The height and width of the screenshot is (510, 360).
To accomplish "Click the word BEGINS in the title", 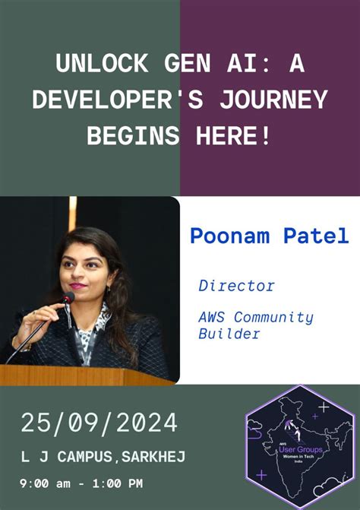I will click(x=134, y=137).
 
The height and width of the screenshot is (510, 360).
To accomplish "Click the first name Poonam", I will click(x=232, y=236).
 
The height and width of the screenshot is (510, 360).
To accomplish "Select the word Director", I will click(x=236, y=287).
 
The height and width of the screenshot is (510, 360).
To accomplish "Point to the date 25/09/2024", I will click(x=99, y=423).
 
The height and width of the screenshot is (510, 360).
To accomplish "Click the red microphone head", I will click(x=68, y=298).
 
